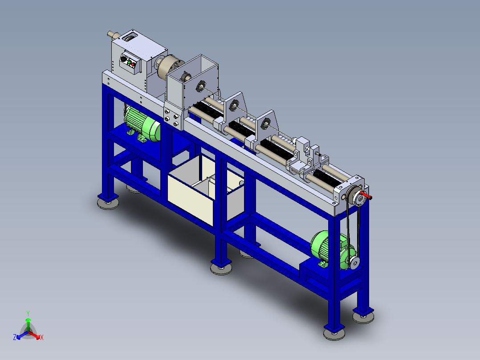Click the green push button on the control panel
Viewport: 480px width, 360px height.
point(130,63)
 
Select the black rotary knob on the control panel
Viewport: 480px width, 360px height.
point(124,59)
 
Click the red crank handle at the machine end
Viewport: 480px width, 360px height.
point(366,195)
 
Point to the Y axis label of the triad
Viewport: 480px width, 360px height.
point(28,313)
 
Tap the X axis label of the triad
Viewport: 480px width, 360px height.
point(42,337)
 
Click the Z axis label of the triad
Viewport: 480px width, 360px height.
point(15,337)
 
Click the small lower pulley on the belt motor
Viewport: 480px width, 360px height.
point(354,262)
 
